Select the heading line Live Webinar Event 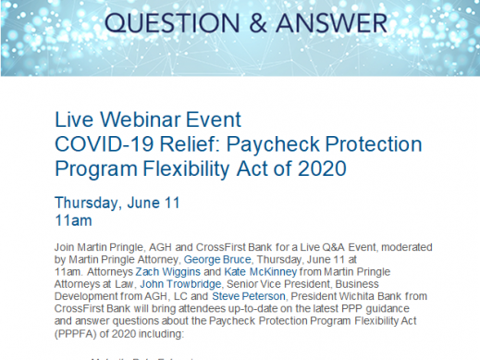coord(148,120)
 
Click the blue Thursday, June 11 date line coord(117,203)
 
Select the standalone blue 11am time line coord(74,221)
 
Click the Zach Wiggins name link coord(147,276)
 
